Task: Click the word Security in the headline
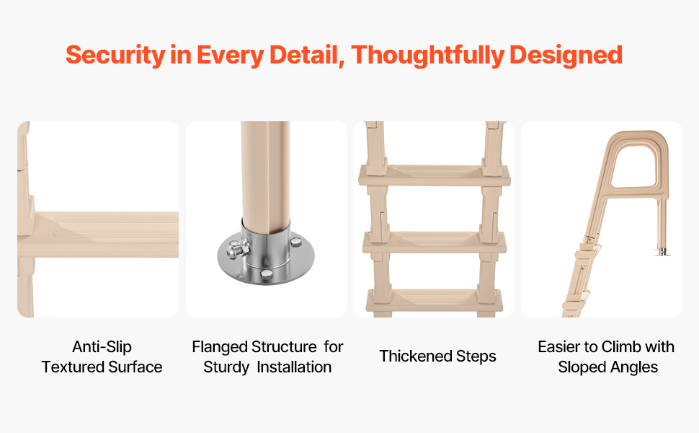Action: (x=115, y=56)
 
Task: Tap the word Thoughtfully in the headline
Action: (x=427, y=56)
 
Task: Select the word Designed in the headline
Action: (x=566, y=56)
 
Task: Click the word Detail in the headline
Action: (x=306, y=56)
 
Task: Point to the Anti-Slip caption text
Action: (x=102, y=346)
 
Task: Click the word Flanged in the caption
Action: (x=220, y=347)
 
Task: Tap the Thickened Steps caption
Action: (x=437, y=357)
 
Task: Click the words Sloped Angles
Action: (x=607, y=367)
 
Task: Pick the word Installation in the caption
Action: (x=294, y=367)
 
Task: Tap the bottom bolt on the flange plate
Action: (x=266, y=274)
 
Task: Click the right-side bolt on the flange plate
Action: (x=295, y=242)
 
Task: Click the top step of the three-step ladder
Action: (x=435, y=175)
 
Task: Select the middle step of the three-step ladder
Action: (x=435, y=242)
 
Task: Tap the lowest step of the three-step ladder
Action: (x=435, y=300)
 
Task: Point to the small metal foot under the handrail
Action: (x=662, y=251)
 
